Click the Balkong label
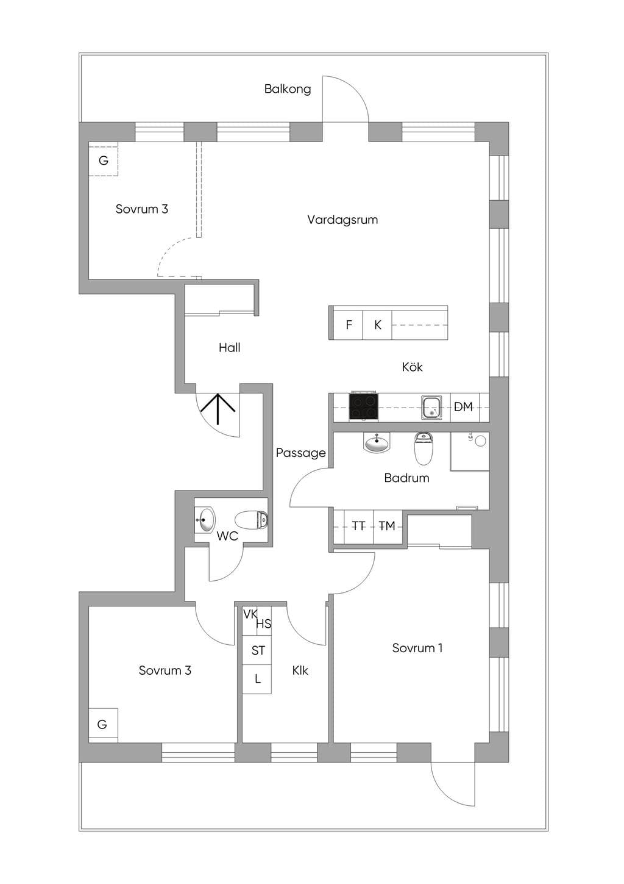coord(288,89)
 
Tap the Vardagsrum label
coord(342,220)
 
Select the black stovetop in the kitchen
coord(363,406)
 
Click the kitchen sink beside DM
coord(431,408)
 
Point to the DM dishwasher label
coord(463,406)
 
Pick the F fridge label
coord(349,325)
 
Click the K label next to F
coord(378,325)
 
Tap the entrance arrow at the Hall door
coord(218,409)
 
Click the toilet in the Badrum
coord(424,448)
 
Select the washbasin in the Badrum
coord(377,442)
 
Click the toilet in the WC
coord(251,520)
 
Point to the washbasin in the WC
coord(205,519)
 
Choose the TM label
coord(387,526)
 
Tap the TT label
coord(358,526)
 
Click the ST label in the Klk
coord(258,650)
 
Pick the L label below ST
coord(258,679)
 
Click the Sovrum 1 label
coord(417,648)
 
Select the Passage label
coord(301,453)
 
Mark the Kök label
coord(412,367)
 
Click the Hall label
coord(229,348)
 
